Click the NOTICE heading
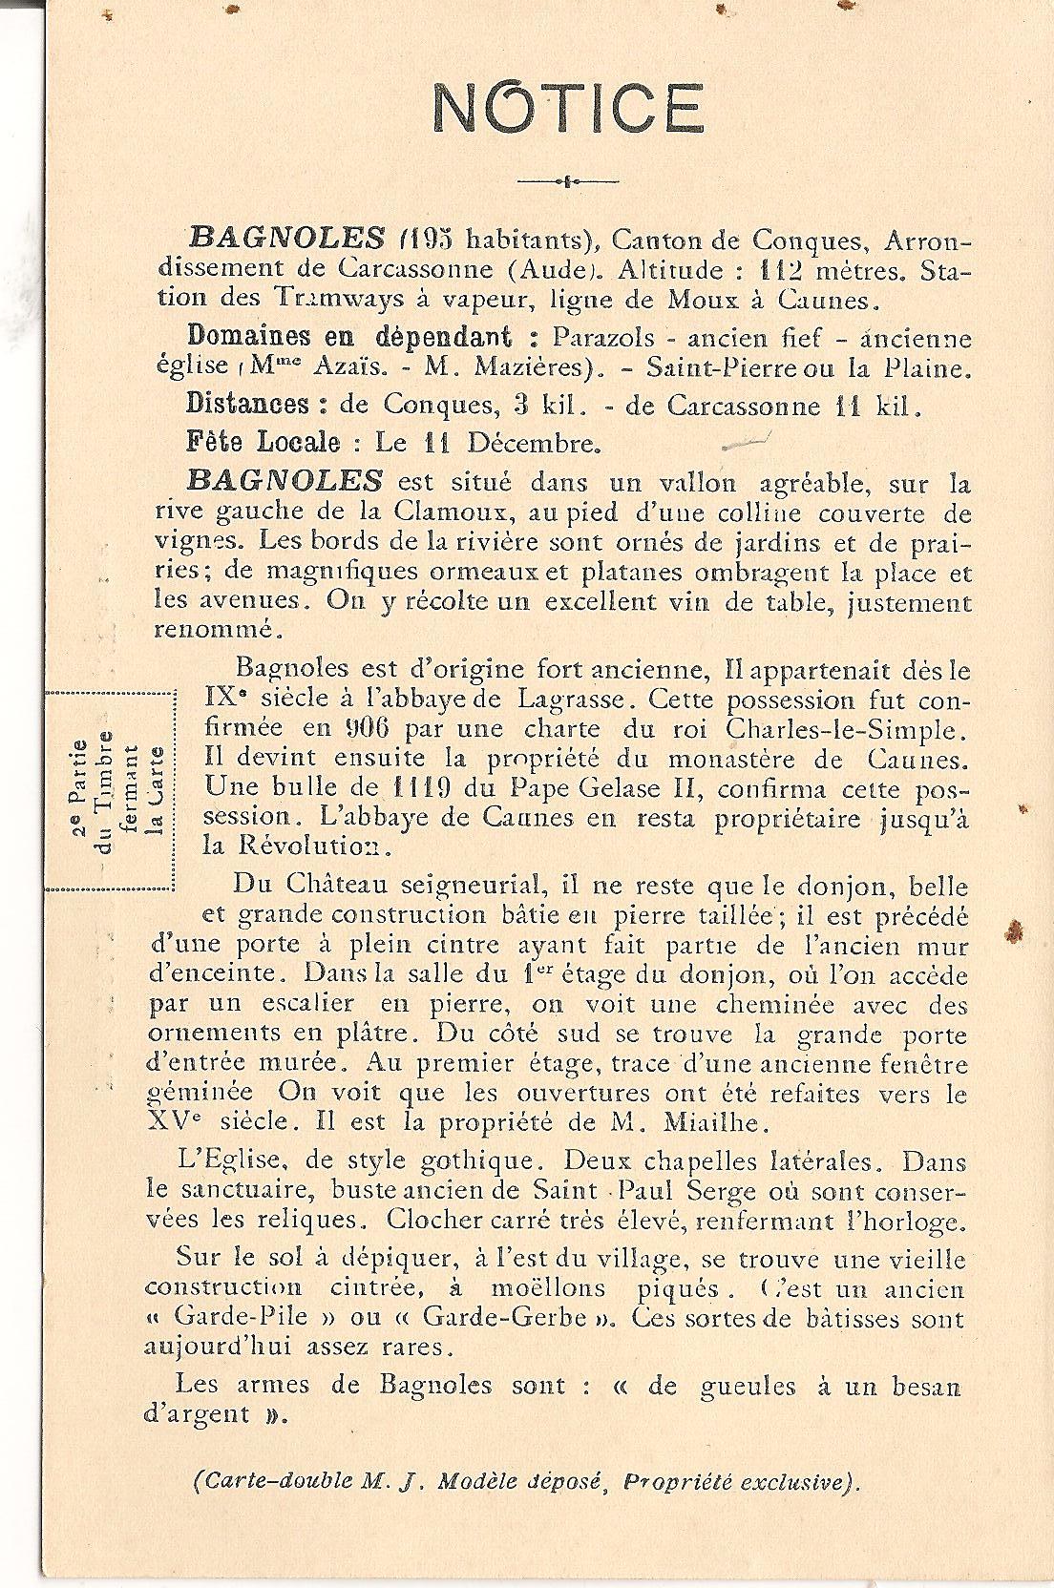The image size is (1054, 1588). click(568, 107)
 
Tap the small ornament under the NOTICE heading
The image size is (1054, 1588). click(567, 179)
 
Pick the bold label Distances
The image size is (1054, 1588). click(248, 405)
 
